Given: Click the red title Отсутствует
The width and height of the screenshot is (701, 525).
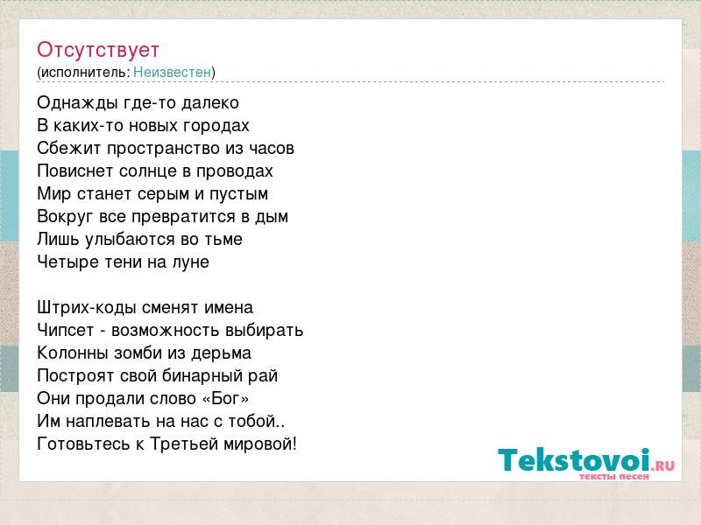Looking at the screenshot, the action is pyautogui.click(x=98, y=50).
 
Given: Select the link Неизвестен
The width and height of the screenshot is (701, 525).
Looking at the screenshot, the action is pyautogui.click(x=172, y=72).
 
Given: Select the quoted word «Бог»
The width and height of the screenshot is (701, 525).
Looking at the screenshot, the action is pyautogui.click(x=226, y=399).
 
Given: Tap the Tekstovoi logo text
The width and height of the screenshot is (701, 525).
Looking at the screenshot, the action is pyautogui.click(x=574, y=459).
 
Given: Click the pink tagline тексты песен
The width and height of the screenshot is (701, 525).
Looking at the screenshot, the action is pyautogui.click(x=614, y=476).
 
